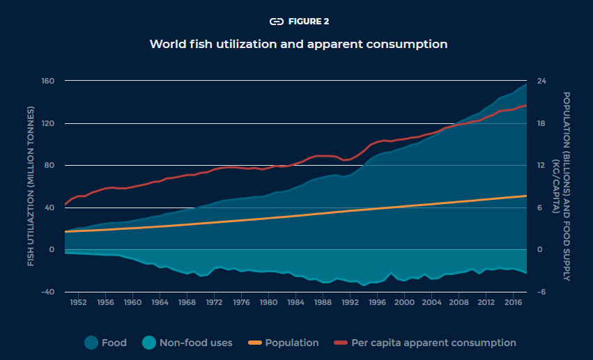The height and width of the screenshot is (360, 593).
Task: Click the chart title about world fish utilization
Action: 298,44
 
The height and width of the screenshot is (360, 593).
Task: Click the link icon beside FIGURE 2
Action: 277,21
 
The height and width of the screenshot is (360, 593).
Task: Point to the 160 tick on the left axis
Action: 47,81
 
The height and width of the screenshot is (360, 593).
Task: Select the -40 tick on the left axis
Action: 47,292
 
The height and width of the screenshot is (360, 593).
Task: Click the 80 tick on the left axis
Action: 49,166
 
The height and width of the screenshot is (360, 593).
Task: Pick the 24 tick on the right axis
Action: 540,81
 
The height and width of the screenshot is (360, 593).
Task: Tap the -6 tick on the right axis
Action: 540,292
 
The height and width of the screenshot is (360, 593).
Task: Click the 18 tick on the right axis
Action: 540,124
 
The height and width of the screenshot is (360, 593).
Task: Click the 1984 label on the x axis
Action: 295,304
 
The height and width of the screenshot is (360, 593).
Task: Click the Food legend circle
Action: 91,343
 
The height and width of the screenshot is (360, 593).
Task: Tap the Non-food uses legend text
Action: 196,343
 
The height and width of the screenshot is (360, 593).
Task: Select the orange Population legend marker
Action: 254,343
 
